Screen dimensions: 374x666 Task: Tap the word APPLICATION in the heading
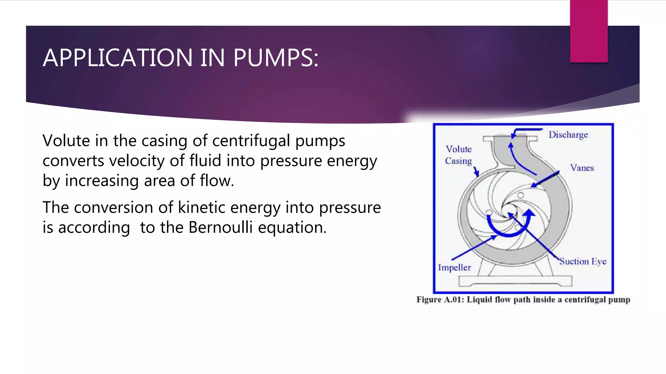point(118,58)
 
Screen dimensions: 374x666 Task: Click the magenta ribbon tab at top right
point(589,31)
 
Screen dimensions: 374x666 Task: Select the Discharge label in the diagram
point(568,134)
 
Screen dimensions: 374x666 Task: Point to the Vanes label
point(582,168)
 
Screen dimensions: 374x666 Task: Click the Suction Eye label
point(583,261)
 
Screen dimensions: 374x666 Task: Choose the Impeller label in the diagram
point(454,268)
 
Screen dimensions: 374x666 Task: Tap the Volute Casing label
point(459,155)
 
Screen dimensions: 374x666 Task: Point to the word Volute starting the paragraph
point(66,141)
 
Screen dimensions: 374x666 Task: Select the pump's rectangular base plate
point(515,281)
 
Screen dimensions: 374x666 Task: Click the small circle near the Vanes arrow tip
point(521,195)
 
